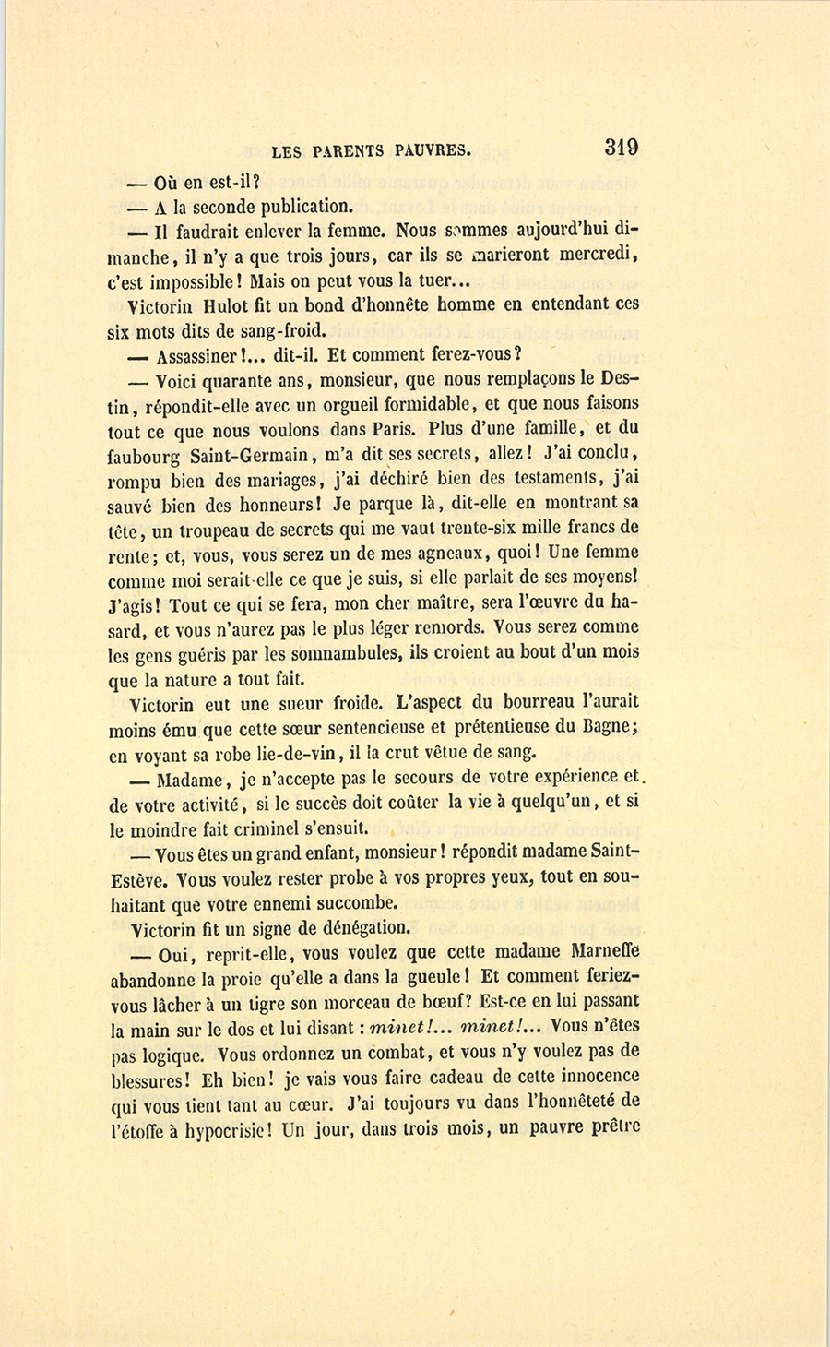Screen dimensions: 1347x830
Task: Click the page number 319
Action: [621, 148]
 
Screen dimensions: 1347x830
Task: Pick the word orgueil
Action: [342, 404]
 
